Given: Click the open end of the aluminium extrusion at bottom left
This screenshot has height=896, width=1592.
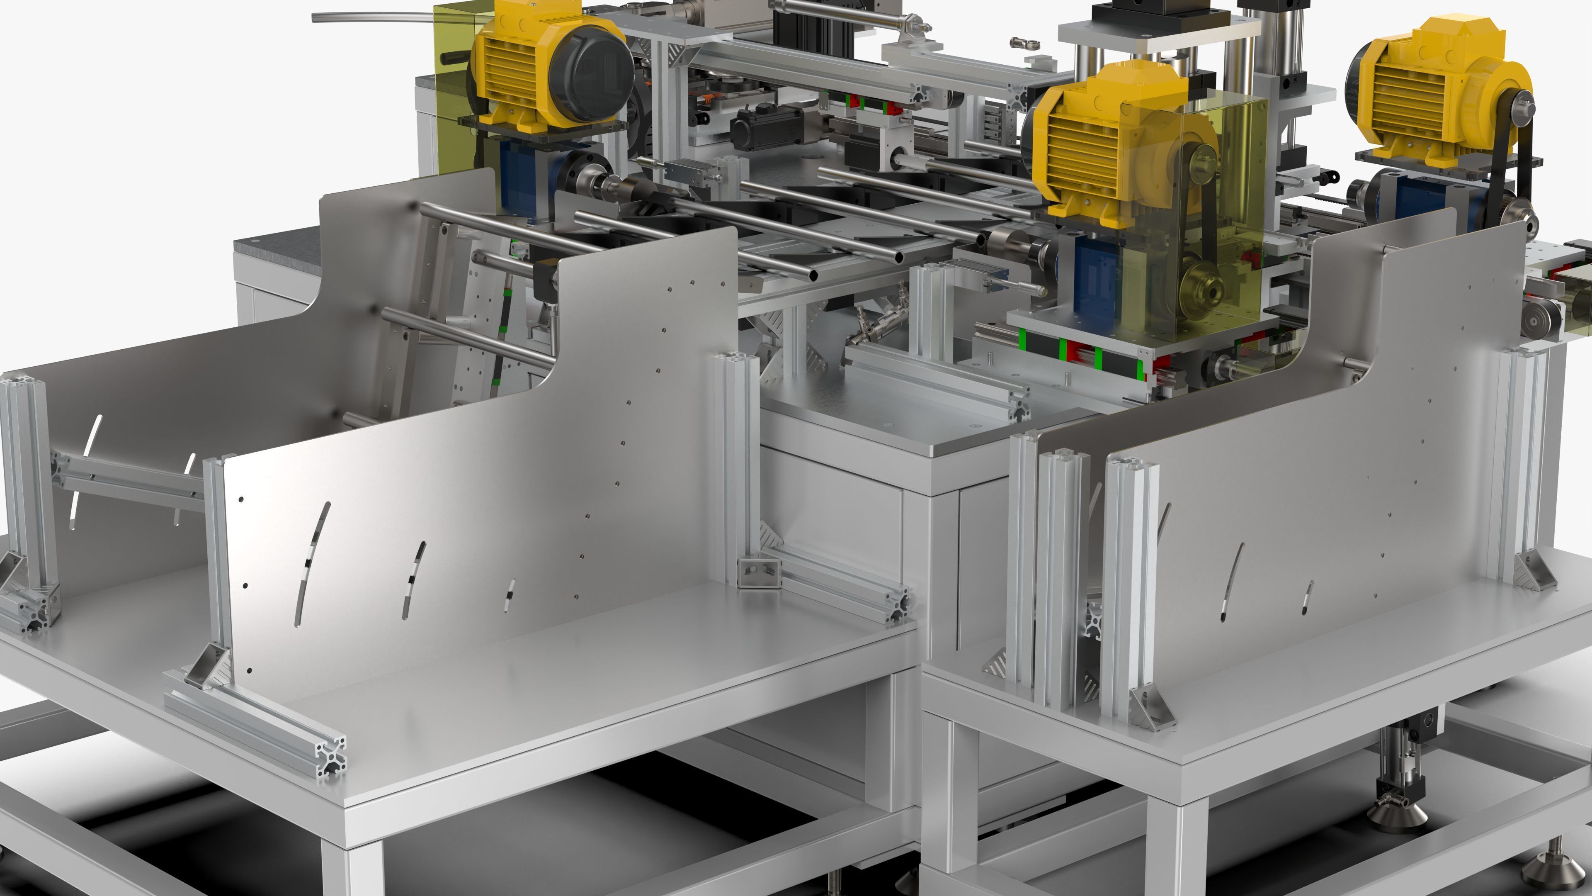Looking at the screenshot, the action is tap(331, 757).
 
